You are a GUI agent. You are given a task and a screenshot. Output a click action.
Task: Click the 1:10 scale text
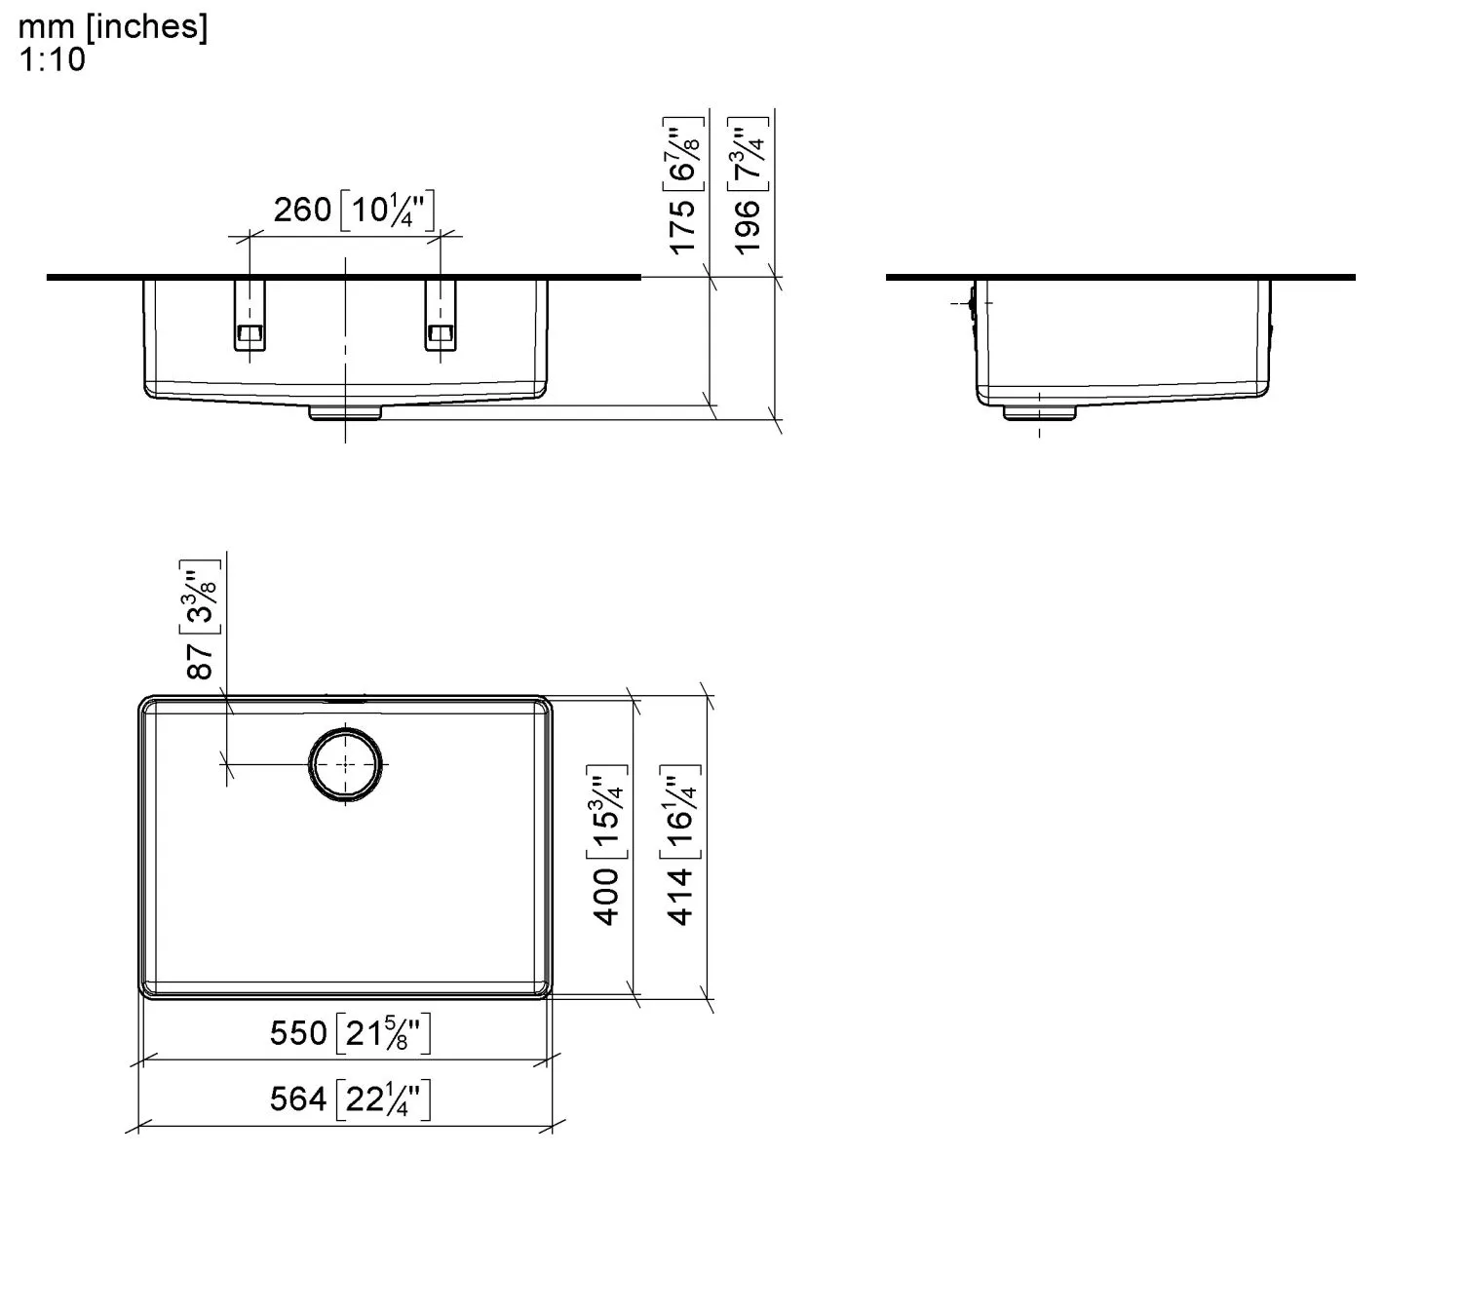[x=52, y=59]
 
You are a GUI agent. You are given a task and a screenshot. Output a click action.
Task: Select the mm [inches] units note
[x=112, y=27]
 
